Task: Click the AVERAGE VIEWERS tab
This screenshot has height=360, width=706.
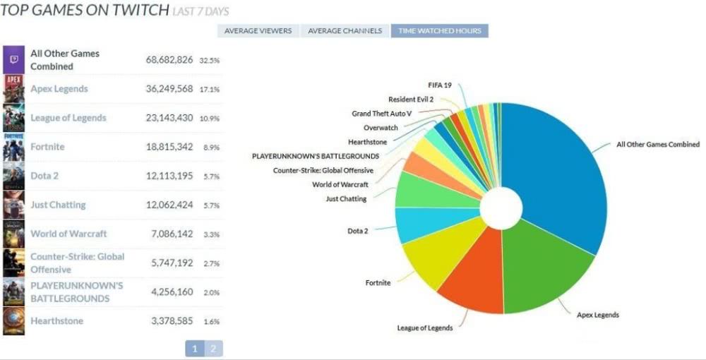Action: point(258,31)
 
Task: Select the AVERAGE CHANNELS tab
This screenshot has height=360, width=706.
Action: point(346,31)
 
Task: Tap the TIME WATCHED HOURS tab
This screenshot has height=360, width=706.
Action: point(439,31)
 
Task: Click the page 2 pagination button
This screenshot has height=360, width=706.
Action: point(213,348)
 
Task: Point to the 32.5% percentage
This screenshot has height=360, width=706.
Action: point(210,61)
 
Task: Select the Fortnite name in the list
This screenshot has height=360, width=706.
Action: point(47,147)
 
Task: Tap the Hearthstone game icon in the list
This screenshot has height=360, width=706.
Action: point(13,321)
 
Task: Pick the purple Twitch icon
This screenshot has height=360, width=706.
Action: point(13,59)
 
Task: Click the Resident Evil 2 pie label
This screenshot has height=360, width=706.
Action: point(411,100)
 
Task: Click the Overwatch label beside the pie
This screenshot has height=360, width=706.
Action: point(381,128)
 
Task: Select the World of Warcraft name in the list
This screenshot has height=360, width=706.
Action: point(68,234)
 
